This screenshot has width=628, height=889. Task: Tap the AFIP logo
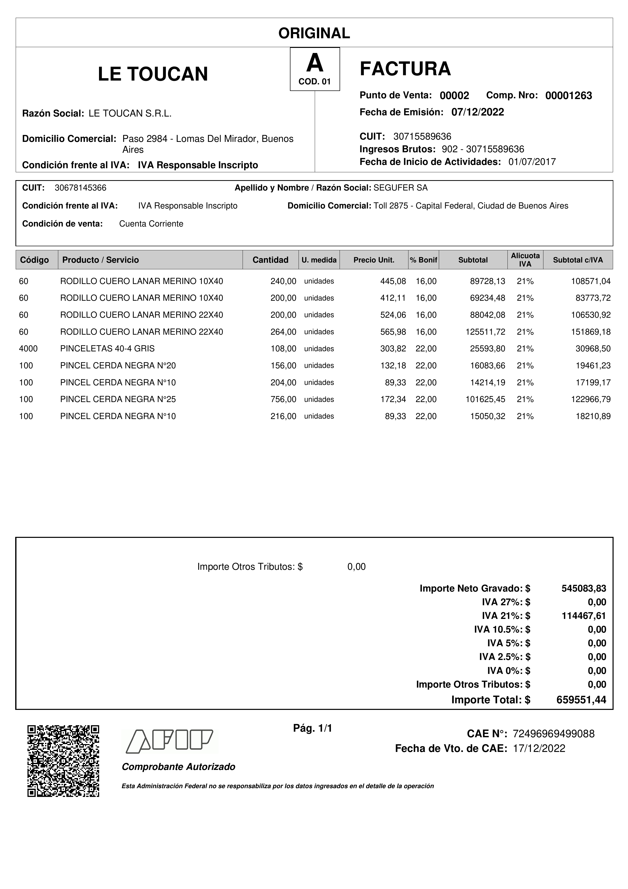170,742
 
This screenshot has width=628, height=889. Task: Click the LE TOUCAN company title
153,74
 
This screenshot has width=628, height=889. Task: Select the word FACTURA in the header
405,69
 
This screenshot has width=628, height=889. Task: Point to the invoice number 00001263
568,96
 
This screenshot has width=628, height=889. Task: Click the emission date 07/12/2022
478,112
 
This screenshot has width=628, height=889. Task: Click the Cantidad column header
270,260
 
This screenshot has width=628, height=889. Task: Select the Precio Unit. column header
374,260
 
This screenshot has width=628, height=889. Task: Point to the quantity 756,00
283,399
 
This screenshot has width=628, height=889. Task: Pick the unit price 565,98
393,332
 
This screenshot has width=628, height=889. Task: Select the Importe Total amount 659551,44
581,700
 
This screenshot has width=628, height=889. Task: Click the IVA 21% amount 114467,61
583,616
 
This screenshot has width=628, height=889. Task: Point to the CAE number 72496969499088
553,734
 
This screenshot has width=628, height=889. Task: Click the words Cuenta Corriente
151,224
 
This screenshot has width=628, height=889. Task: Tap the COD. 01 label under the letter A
315,82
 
